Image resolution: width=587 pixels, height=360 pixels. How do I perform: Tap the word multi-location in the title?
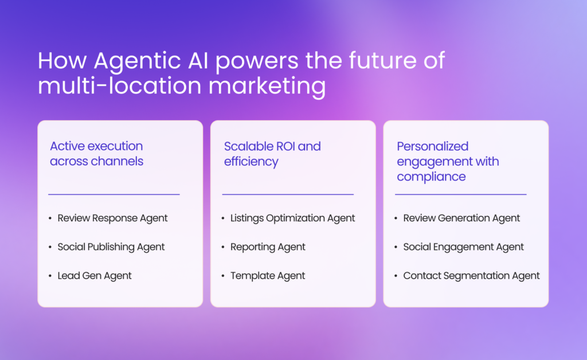click(120, 85)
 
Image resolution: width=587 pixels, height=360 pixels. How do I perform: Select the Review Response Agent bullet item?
click(112, 218)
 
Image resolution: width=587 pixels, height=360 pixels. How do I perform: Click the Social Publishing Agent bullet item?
click(111, 248)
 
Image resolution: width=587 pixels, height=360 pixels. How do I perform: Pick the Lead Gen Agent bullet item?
click(95, 276)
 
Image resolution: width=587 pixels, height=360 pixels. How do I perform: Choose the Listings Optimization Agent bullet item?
click(292, 218)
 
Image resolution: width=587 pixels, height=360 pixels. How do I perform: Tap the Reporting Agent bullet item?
click(268, 248)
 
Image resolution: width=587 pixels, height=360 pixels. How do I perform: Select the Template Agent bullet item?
click(268, 276)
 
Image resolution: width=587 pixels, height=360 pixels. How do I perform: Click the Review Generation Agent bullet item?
click(461, 218)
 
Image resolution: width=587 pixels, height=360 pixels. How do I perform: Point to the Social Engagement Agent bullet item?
click(463, 248)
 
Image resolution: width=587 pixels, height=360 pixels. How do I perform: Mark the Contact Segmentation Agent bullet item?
click(471, 276)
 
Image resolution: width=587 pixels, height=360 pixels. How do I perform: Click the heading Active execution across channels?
click(96, 154)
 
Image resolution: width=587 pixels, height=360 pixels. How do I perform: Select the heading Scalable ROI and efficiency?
click(272, 154)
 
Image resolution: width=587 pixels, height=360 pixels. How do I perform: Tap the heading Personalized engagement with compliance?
click(448, 162)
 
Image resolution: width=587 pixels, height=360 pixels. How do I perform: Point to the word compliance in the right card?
click(431, 177)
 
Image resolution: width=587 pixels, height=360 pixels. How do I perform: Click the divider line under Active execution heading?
click(114, 194)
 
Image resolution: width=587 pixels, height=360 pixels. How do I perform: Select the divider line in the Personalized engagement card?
click(460, 194)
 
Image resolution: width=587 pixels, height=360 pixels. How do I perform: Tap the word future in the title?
click(383, 60)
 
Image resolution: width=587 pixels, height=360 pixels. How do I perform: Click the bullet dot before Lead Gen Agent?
click(50, 276)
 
